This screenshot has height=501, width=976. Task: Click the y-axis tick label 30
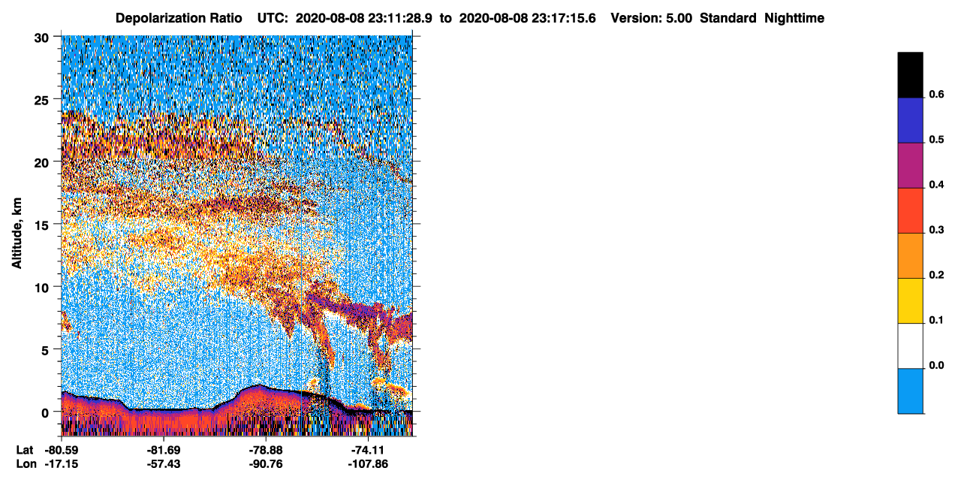coord(41,38)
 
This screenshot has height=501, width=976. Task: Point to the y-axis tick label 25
coord(41,101)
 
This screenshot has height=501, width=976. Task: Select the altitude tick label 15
coord(41,225)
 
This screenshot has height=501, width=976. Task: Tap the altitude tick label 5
coord(45,351)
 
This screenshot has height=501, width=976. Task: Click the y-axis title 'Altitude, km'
coord(17,233)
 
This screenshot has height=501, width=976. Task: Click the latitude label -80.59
coord(62,450)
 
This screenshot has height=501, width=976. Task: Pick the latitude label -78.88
coord(266,450)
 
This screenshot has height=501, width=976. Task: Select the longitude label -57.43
coord(164,463)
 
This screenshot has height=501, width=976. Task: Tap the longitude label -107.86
coord(368,463)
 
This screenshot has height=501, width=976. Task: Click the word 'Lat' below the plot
coord(25,450)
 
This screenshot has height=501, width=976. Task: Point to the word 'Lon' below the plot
coord(26,463)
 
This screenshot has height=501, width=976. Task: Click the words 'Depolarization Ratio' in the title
coord(179,18)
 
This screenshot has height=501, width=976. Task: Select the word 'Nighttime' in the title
coord(794,18)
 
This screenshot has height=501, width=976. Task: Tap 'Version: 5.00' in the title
coord(652,18)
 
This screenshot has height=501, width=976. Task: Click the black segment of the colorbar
coord(910,75)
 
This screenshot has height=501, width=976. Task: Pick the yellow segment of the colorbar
coord(910,301)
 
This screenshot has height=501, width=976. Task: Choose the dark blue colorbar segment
coord(910,120)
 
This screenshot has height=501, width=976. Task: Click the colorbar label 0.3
coord(936,230)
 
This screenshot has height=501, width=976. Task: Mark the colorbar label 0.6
coord(936,94)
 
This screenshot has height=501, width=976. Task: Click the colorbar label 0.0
coord(936,365)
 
